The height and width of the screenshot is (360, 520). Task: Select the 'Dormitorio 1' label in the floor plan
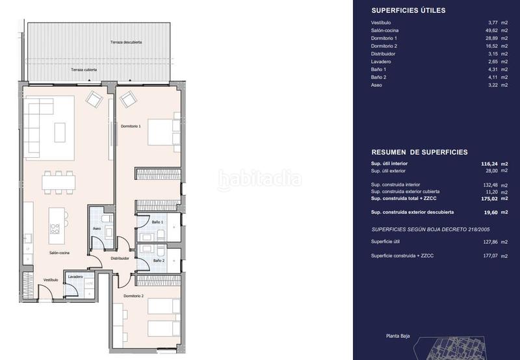click(131, 126)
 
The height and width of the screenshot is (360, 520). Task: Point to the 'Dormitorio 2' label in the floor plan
click(133, 296)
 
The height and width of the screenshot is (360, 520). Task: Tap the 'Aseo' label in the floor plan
click(96, 229)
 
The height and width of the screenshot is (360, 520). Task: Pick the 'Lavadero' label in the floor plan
click(75, 277)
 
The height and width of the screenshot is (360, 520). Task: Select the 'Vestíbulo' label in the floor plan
click(51, 280)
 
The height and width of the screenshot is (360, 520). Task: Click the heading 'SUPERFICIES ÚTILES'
click(408, 10)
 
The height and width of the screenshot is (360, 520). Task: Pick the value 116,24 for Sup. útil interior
click(487, 163)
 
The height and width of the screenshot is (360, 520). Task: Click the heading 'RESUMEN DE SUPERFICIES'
click(419, 152)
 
